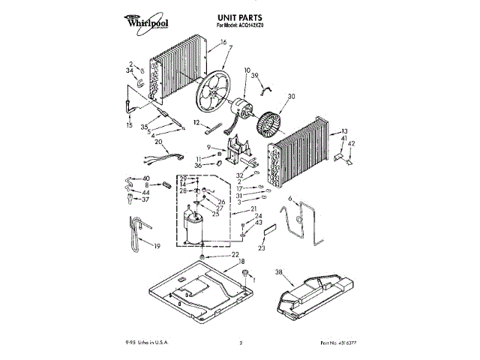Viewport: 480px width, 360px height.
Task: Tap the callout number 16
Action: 223,43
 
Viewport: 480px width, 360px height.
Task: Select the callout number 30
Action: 292,96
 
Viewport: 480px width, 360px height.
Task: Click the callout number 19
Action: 157,246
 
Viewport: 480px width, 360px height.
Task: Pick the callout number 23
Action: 262,247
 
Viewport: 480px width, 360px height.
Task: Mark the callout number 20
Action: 158,142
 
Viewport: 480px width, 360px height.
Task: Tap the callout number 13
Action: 344,130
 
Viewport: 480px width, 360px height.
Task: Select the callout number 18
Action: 242,261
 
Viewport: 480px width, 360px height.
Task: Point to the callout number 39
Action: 255,75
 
